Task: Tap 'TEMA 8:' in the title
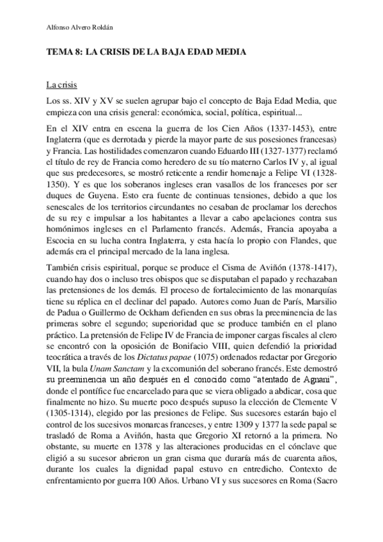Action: [x=65, y=56]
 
